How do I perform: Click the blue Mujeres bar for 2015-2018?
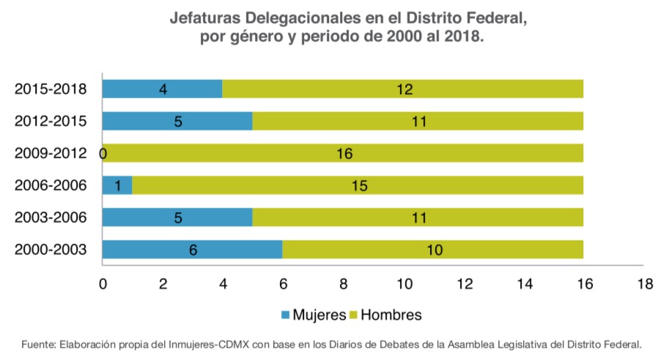[162, 89]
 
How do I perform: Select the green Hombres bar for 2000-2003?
[432, 250]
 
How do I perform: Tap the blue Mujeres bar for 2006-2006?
[117, 185]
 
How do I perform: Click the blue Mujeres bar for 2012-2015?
[177, 121]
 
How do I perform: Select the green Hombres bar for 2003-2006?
[418, 218]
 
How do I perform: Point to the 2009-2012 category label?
[51, 154]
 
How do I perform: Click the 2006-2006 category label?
[51, 186]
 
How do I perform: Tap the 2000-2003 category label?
[51, 251]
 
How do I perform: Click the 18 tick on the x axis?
[644, 283]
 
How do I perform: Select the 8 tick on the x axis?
[343, 283]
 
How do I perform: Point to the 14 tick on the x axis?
[524, 283]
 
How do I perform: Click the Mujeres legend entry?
[313, 315]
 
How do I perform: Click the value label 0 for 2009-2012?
[103, 154]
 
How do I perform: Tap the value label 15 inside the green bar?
[358, 186]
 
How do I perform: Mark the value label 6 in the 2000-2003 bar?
[193, 251]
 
